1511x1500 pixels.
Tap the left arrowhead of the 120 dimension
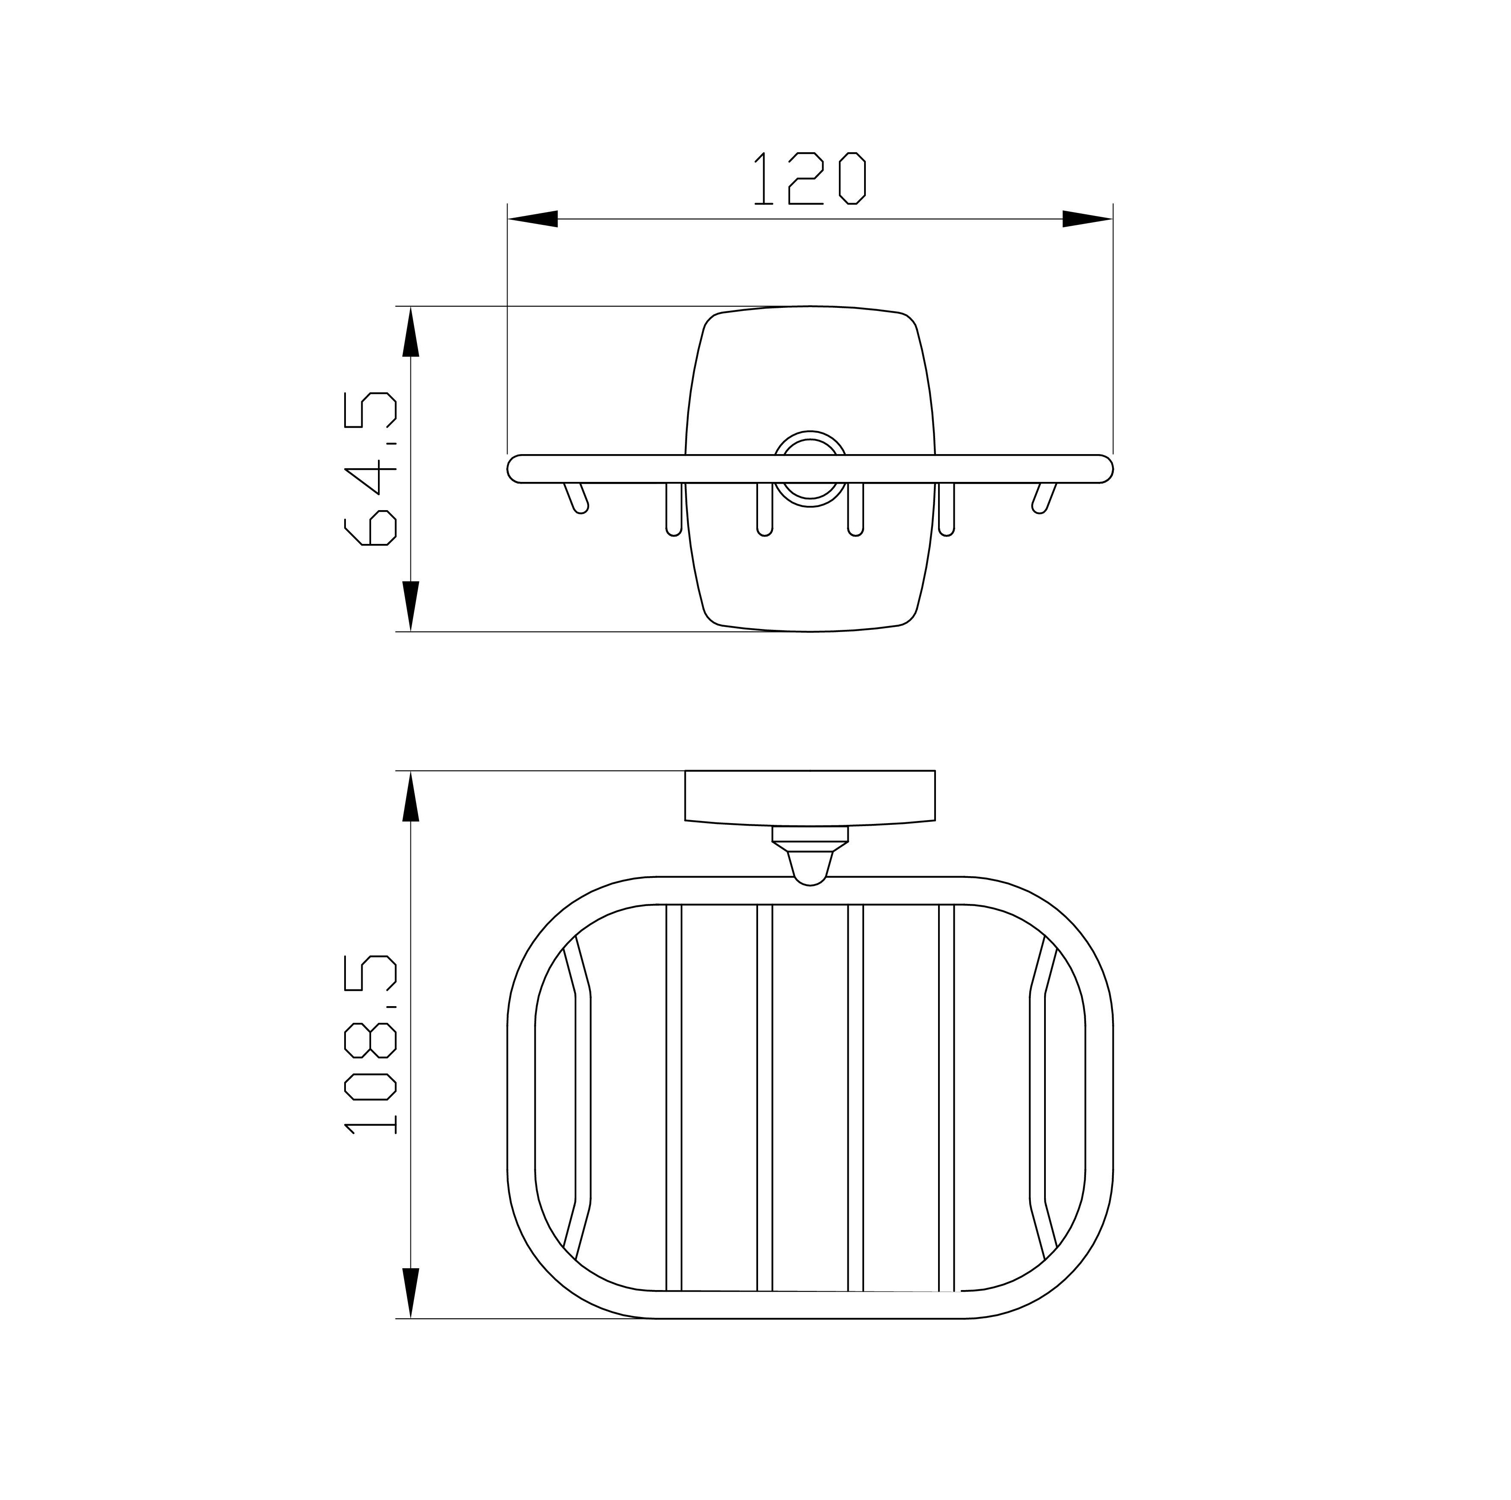click(533, 219)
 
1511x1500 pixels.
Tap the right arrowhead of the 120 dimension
click(1087, 219)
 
